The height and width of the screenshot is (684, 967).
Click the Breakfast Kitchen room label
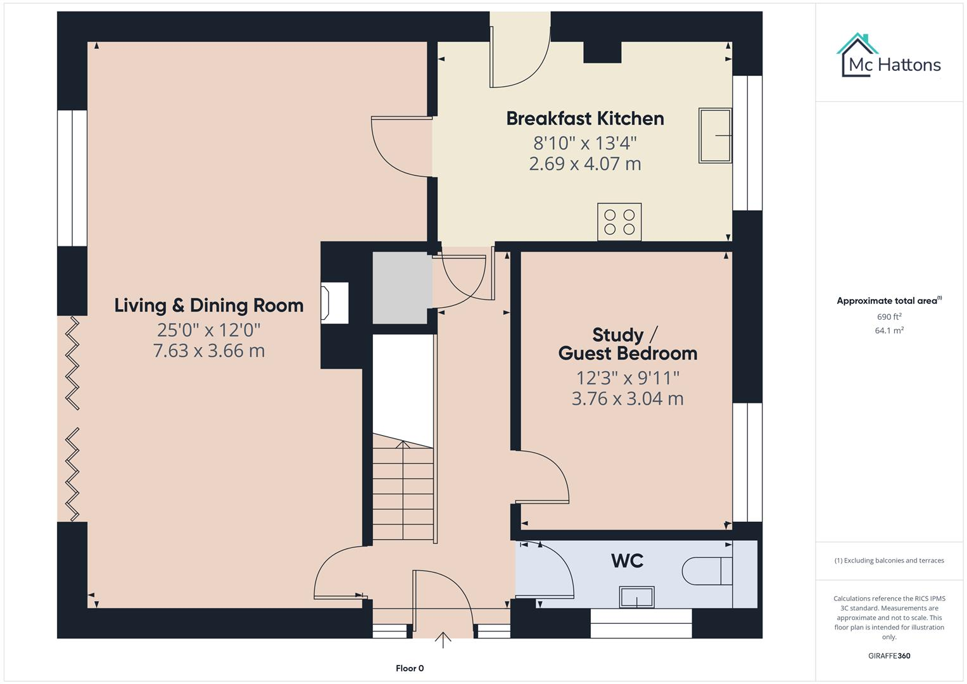(x=585, y=119)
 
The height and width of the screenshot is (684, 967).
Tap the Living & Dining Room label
(x=209, y=305)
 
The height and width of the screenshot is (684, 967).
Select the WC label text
(x=628, y=561)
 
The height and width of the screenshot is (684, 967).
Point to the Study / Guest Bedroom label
(x=628, y=344)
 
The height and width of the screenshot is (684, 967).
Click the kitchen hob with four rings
(x=619, y=222)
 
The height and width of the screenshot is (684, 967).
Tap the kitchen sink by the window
(x=715, y=135)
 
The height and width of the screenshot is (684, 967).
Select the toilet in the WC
(x=707, y=571)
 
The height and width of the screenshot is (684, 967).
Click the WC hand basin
(x=637, y=597)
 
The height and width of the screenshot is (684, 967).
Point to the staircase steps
(x=403, y=487)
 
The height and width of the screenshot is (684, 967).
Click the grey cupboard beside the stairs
(x=402, y=288)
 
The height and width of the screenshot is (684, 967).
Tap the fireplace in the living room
(x=334, y=303)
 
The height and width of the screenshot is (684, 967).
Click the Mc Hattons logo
(x=888, y=56)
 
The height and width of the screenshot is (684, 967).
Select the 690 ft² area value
(x=889, y=317)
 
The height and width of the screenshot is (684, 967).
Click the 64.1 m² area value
(x=889, y=331)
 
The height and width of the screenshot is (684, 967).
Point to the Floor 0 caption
(x=410, y=668)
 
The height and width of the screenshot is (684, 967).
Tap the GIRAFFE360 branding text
(x=889, y=655)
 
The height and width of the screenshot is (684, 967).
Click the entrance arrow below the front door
(x=443, y=640)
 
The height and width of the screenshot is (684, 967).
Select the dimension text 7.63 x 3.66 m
(x=209, y=351)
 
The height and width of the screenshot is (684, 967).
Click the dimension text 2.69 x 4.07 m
(x=585, y=163)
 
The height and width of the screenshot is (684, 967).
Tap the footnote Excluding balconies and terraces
(x=889, y=560)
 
